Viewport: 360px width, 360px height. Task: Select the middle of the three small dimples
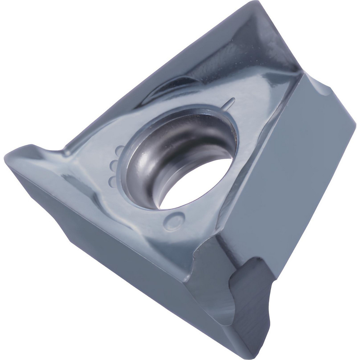point(113,166)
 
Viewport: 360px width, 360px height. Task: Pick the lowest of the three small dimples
point(113,181)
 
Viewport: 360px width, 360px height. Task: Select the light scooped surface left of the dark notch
point(212,288)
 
